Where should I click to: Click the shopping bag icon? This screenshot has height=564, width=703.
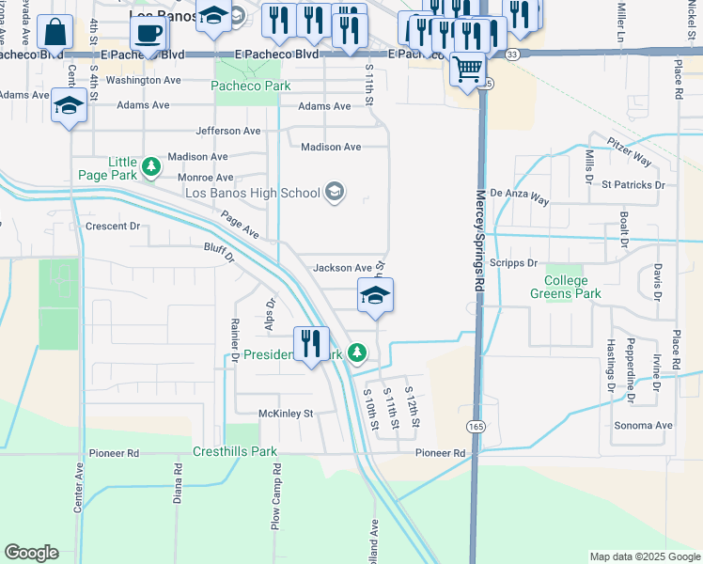click(55, 32)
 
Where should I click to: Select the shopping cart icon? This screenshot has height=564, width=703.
click(467, 68)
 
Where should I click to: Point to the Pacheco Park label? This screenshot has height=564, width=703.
click(251, 86)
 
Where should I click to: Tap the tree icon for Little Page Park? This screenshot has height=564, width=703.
click(150, 168)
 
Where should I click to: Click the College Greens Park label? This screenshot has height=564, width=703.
click(567, 288)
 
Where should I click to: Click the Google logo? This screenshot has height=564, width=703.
click(31, 553)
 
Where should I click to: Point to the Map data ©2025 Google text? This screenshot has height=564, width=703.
click(644, 556)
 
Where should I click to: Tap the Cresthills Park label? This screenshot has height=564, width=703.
click(235, 451)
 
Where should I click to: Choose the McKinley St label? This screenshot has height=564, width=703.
click(286, 413)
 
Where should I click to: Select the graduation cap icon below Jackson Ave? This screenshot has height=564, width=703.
click(375, 296)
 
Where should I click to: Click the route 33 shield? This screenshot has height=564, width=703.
click(510, 55)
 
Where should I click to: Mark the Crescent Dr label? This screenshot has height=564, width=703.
click(112, 227)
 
